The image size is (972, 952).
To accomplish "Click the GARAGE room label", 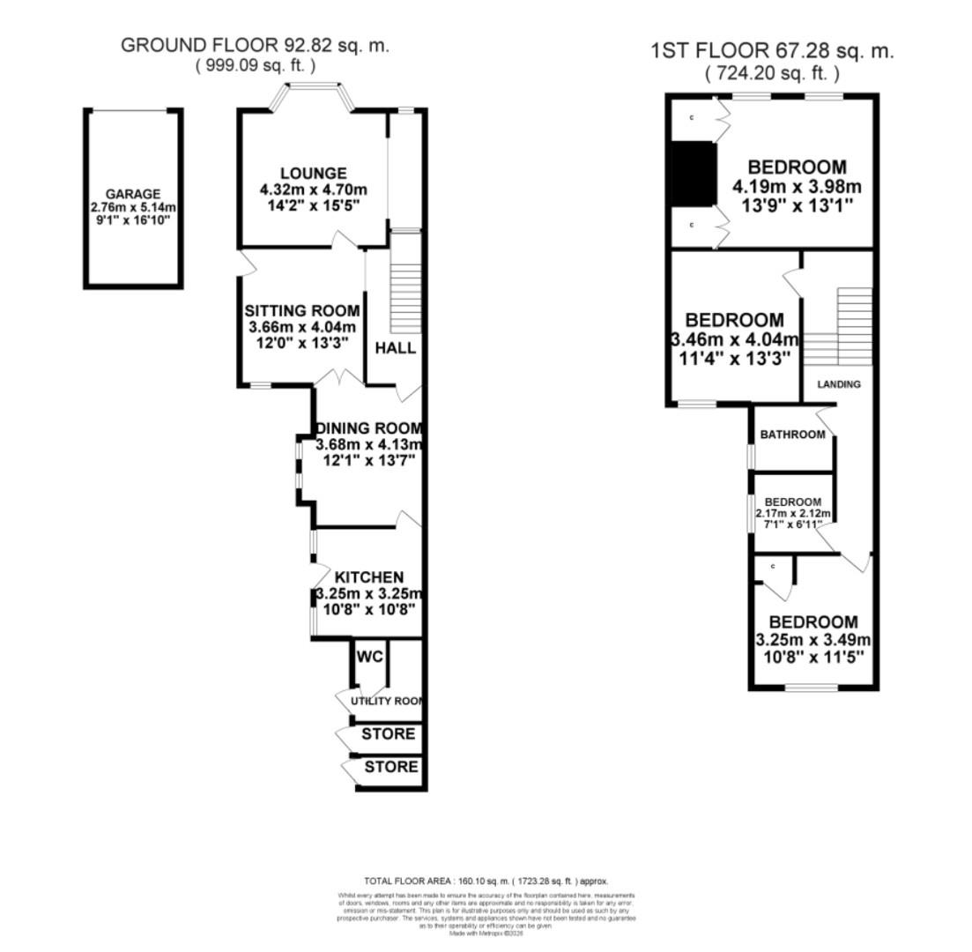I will (x=133, y=194).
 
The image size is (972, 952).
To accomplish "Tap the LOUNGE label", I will (x=314, y=174).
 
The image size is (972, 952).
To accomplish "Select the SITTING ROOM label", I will (x=301, y=311).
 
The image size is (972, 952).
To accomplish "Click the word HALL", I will (x=395, y=348).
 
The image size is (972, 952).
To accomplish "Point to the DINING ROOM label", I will (x=368, y=428).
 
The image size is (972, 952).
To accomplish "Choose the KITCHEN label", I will (x=368, y=577).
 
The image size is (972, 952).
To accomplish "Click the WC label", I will (x=369, y=658).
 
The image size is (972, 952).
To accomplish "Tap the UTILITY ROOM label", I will (x=387, y=701).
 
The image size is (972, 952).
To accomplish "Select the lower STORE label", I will (x=391, y=767).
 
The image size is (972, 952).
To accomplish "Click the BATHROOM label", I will (x=792, y=435).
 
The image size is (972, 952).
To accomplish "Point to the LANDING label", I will (x=838, y=384).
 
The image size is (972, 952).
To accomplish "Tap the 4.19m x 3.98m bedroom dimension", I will (x=797, y=187).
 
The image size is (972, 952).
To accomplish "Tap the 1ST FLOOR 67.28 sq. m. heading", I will (x=772, y=51).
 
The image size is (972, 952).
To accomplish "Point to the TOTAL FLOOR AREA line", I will (x=486, y=881).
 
